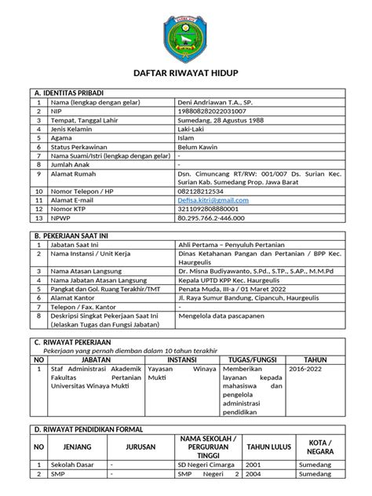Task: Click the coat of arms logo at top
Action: point(185,36)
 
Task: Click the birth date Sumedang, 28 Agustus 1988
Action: point(224,122)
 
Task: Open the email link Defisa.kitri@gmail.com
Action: point(213,200)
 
